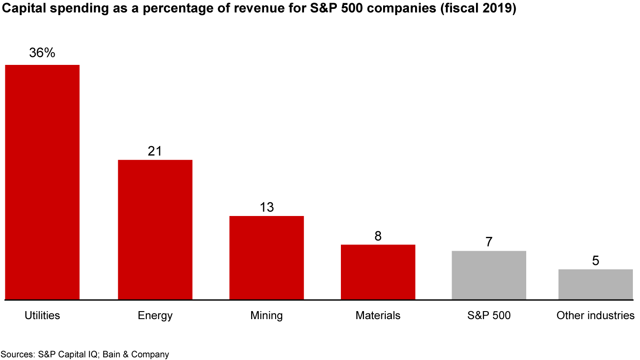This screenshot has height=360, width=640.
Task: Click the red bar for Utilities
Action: coord(42,182)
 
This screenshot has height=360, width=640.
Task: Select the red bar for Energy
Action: coord(155,229)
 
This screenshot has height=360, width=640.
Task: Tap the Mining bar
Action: coord(267,258)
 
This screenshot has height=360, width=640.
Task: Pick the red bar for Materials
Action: coord(378,272)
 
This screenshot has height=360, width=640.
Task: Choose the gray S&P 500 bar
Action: coord(489,275)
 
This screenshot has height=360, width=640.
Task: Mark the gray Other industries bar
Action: coord(596,284)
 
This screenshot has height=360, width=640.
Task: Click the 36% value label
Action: coord(42,53)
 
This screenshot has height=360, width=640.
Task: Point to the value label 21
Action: coord(155,151)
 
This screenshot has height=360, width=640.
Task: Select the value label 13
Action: coord(267,207)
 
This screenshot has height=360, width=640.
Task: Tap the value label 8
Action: coord(378,236)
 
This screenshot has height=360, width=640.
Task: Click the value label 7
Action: coord(489,242)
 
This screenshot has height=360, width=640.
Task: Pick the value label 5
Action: coord(596,261)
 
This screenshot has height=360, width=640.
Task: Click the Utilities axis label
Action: coord(42,316)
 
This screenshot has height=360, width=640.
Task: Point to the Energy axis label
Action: coord(155,316)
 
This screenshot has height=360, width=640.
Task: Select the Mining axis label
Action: coord(267,316)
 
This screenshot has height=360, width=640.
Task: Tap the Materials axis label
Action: coord(378,316)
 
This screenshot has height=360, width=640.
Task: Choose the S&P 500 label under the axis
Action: coord(489,316)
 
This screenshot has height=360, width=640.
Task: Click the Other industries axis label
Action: coord(596,316)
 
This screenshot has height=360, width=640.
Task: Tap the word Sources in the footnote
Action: coord(17,354)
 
